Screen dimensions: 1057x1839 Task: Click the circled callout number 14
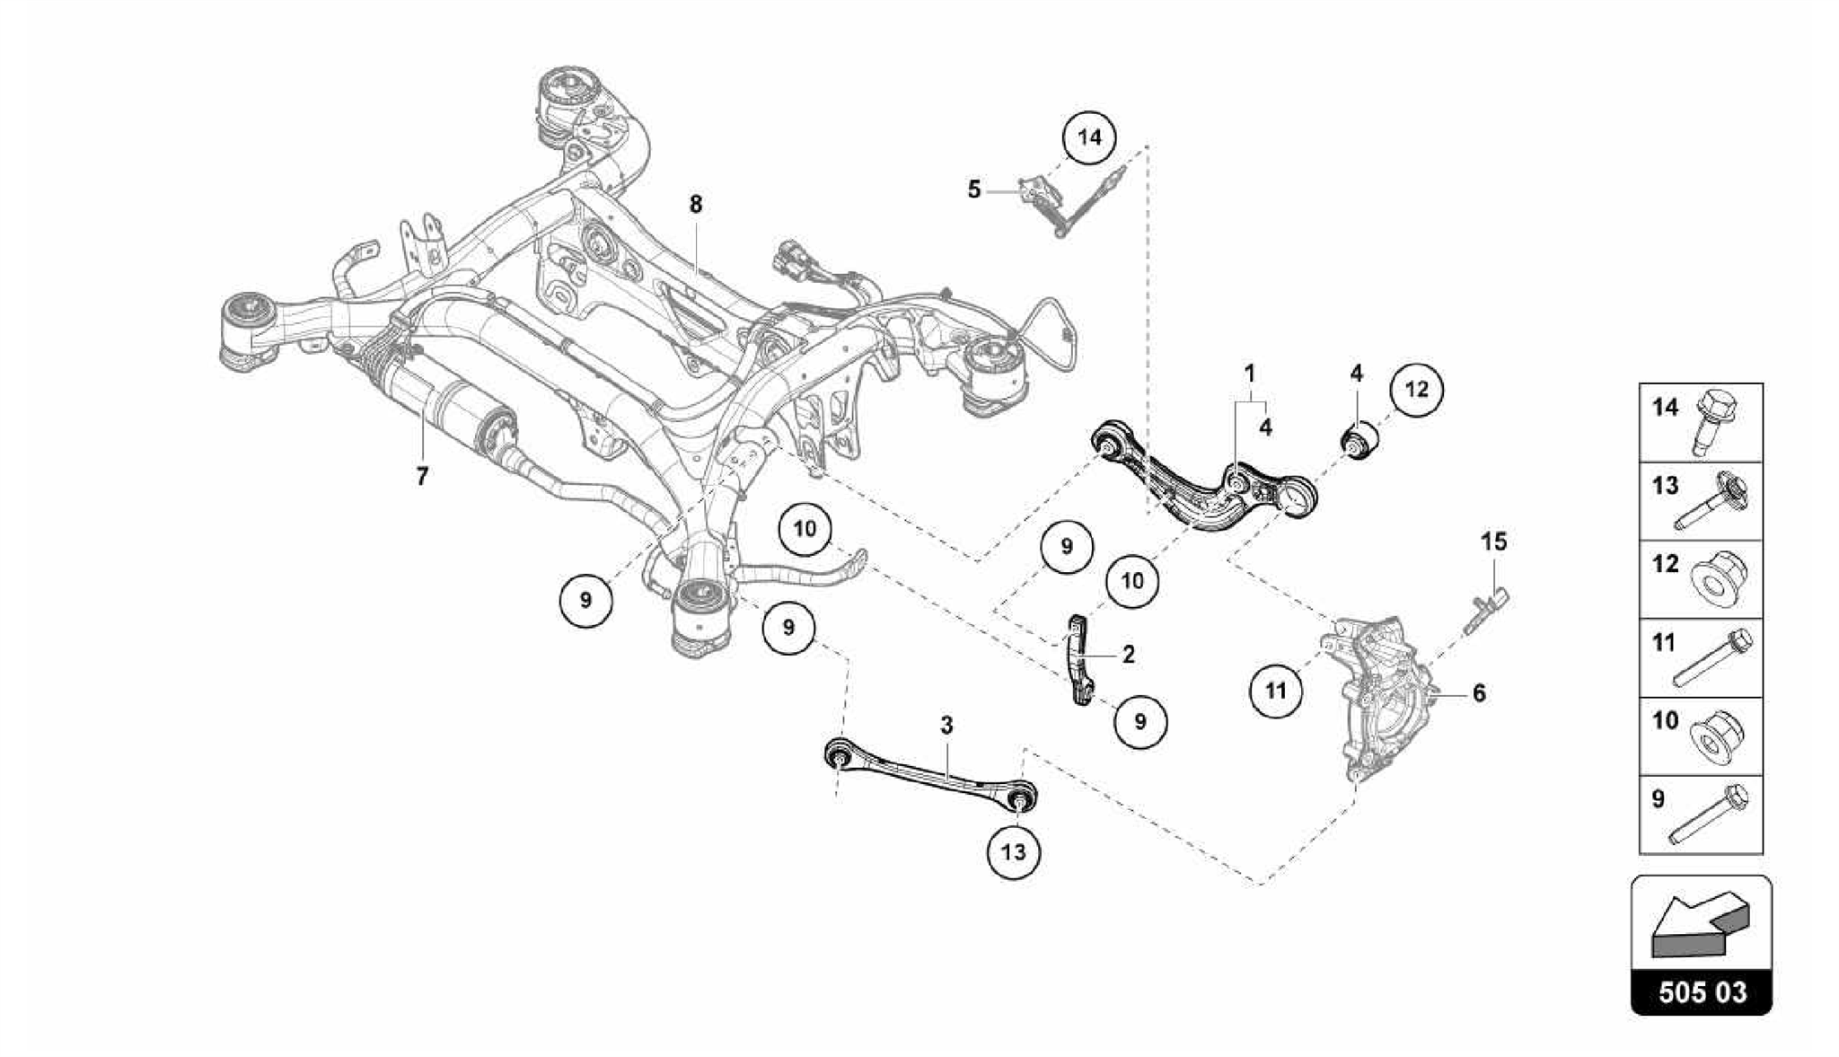1088,138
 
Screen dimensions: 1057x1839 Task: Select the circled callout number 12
1416,390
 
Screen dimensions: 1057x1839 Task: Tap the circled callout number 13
1013,850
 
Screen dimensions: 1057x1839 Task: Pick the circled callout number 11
1275,691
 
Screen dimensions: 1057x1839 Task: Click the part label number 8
696,205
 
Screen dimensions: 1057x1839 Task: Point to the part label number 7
422,476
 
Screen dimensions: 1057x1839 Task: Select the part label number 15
1493,542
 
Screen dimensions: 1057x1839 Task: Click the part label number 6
1478,693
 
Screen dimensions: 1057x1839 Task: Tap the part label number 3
946,726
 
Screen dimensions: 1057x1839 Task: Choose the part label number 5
974,190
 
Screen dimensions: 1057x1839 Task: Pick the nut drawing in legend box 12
1715,577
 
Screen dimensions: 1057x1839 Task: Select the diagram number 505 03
1702,991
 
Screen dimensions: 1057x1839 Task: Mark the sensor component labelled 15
1486,611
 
